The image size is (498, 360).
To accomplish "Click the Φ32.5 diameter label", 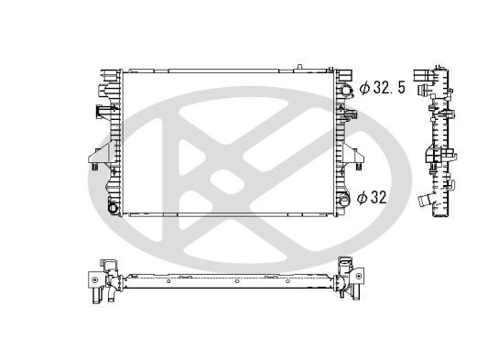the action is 383,87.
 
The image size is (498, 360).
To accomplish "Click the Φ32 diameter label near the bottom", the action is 372,198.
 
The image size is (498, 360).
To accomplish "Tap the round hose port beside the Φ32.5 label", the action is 346,91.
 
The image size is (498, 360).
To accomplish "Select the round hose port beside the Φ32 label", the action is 344,199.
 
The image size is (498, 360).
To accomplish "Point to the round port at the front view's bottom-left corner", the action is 113,208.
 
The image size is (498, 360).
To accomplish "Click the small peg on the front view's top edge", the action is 299,67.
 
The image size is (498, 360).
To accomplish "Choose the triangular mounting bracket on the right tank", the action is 352,154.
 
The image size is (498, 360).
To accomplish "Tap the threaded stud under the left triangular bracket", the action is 94,167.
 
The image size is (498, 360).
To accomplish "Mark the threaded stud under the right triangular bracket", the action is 359,167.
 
